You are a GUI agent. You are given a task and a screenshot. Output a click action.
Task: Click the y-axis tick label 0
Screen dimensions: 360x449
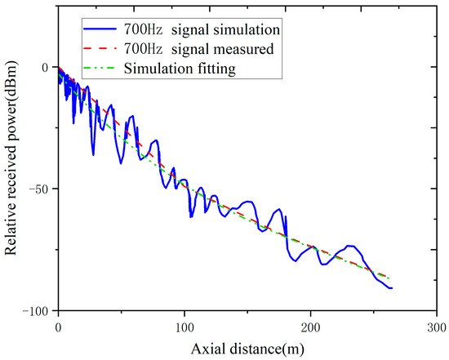point(46,67)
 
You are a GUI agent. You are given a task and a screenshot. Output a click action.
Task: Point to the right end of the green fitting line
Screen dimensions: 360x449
point(390,278)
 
